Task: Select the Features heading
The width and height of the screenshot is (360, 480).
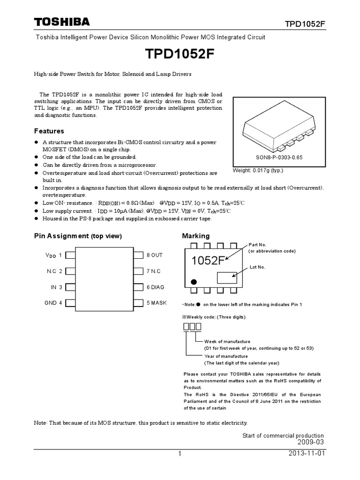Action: point(49,131)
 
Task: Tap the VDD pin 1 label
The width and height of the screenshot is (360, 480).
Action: point(53,255)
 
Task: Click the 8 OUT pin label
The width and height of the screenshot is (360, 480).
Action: point(154,255)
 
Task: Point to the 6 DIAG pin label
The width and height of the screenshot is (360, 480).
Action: point(155,287)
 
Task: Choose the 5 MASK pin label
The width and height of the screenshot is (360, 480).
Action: point(156,303)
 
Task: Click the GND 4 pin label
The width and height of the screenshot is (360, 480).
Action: point(53,303)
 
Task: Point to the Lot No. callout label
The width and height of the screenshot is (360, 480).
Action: point(257,267)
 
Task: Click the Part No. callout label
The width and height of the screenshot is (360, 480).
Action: point(257,245)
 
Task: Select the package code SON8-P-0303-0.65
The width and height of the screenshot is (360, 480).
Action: point(278,157)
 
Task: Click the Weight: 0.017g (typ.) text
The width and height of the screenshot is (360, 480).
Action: point(258,170)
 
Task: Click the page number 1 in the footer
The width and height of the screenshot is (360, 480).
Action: point(180,454)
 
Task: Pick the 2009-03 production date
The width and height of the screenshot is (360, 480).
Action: point(310,442)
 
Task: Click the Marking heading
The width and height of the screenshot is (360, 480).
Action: point(195,236)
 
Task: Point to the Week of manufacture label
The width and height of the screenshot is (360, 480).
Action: point(227,341)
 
